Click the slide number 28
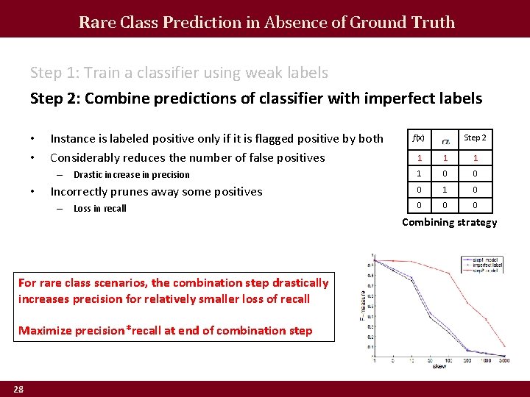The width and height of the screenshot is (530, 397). tap(18, 389)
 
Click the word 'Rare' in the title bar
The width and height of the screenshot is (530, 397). tap(93, 22)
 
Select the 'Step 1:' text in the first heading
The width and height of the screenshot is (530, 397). tap(55, 73)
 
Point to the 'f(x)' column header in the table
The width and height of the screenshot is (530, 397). tap(418, 138)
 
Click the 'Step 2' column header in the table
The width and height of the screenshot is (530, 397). tap(475, 137)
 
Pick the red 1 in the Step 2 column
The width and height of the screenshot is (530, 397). tap(475, 157)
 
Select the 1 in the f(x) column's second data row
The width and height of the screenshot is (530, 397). tap(418, 174)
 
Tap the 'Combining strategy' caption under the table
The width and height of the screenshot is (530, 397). tap(449, 222)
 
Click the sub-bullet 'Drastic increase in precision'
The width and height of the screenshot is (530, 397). tap(131, 175)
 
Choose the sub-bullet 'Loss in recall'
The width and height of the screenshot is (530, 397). tap(100, 209)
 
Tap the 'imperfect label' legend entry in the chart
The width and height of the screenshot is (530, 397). tap(484, 265)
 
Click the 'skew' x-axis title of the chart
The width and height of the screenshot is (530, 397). tap(439, 365)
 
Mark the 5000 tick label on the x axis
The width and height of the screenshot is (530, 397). tap(504, 360)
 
